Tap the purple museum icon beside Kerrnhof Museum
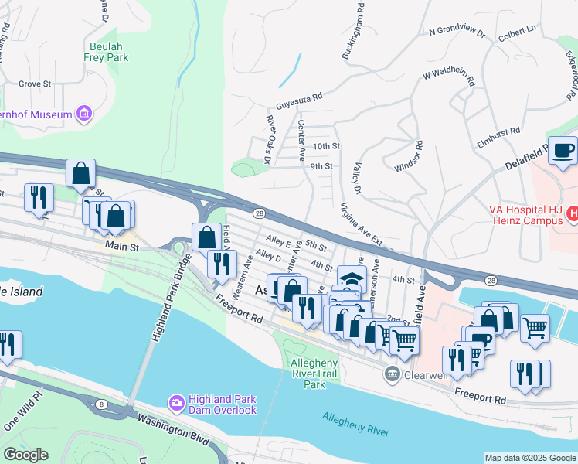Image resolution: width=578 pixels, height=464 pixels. pos(85,114)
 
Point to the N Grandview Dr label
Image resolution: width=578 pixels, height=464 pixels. pos(457,32)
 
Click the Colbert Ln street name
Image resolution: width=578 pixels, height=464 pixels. pos(518,30)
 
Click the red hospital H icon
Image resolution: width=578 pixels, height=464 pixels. pos(573,211)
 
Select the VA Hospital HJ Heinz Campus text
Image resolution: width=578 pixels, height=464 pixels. pos(525,215)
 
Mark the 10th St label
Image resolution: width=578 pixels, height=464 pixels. pos(326,145)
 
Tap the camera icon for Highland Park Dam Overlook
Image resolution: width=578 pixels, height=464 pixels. pos(176,402)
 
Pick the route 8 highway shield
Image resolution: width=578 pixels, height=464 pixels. pos(101,404)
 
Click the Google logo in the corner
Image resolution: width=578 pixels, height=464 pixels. pos(25,455)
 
